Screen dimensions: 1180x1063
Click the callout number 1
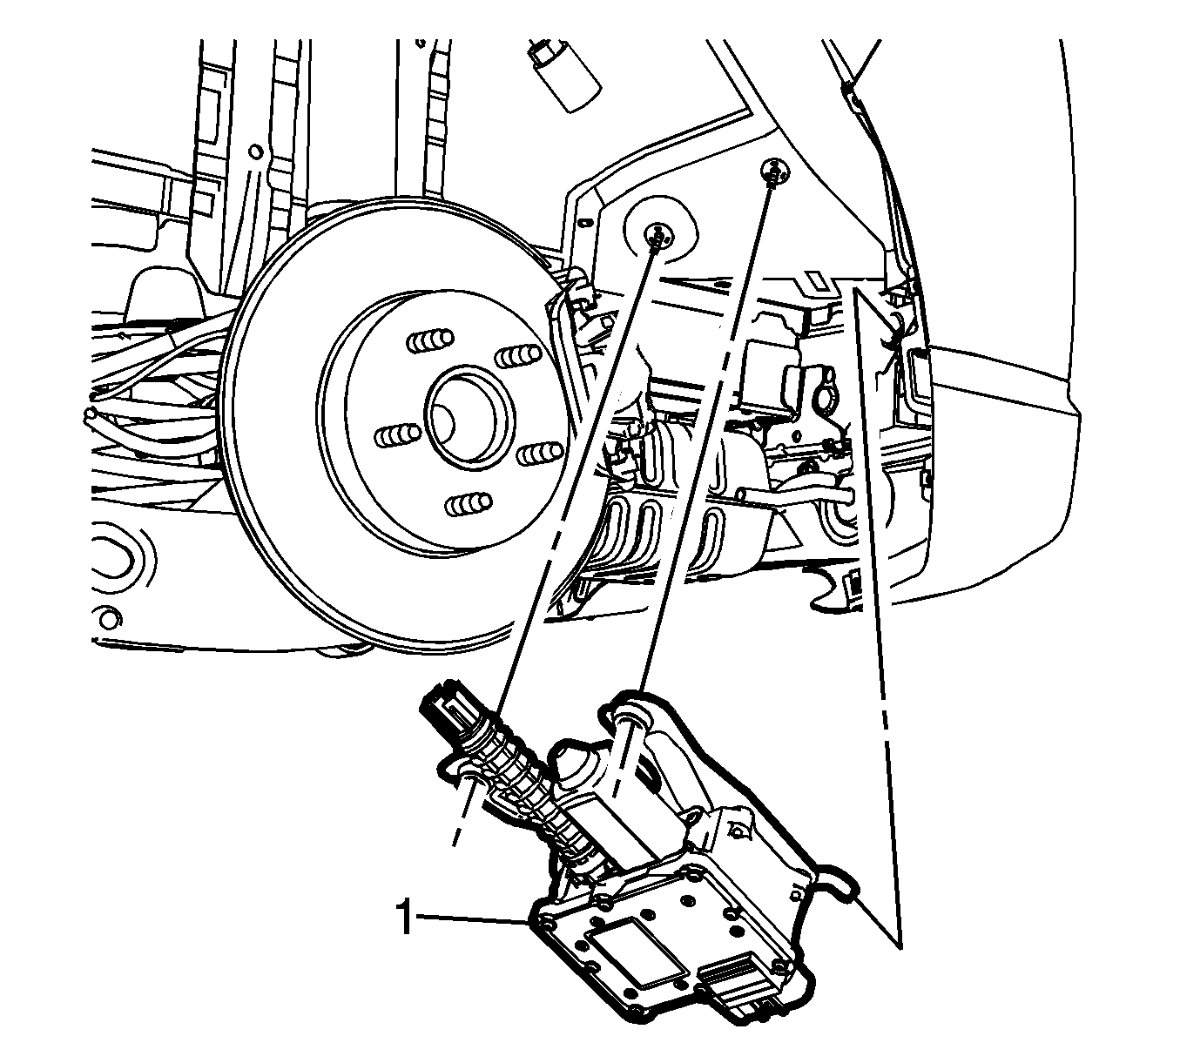(405, 917)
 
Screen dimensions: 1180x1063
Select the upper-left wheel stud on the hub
(430, 340)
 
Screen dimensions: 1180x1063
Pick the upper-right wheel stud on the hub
(518, 356)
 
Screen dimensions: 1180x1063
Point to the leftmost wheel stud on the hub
(398, 436)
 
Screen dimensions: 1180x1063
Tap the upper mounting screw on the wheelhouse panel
(775, 170)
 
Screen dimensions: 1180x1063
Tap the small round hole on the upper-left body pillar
(255, 151)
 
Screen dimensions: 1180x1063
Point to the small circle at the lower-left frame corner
(108, 618)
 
